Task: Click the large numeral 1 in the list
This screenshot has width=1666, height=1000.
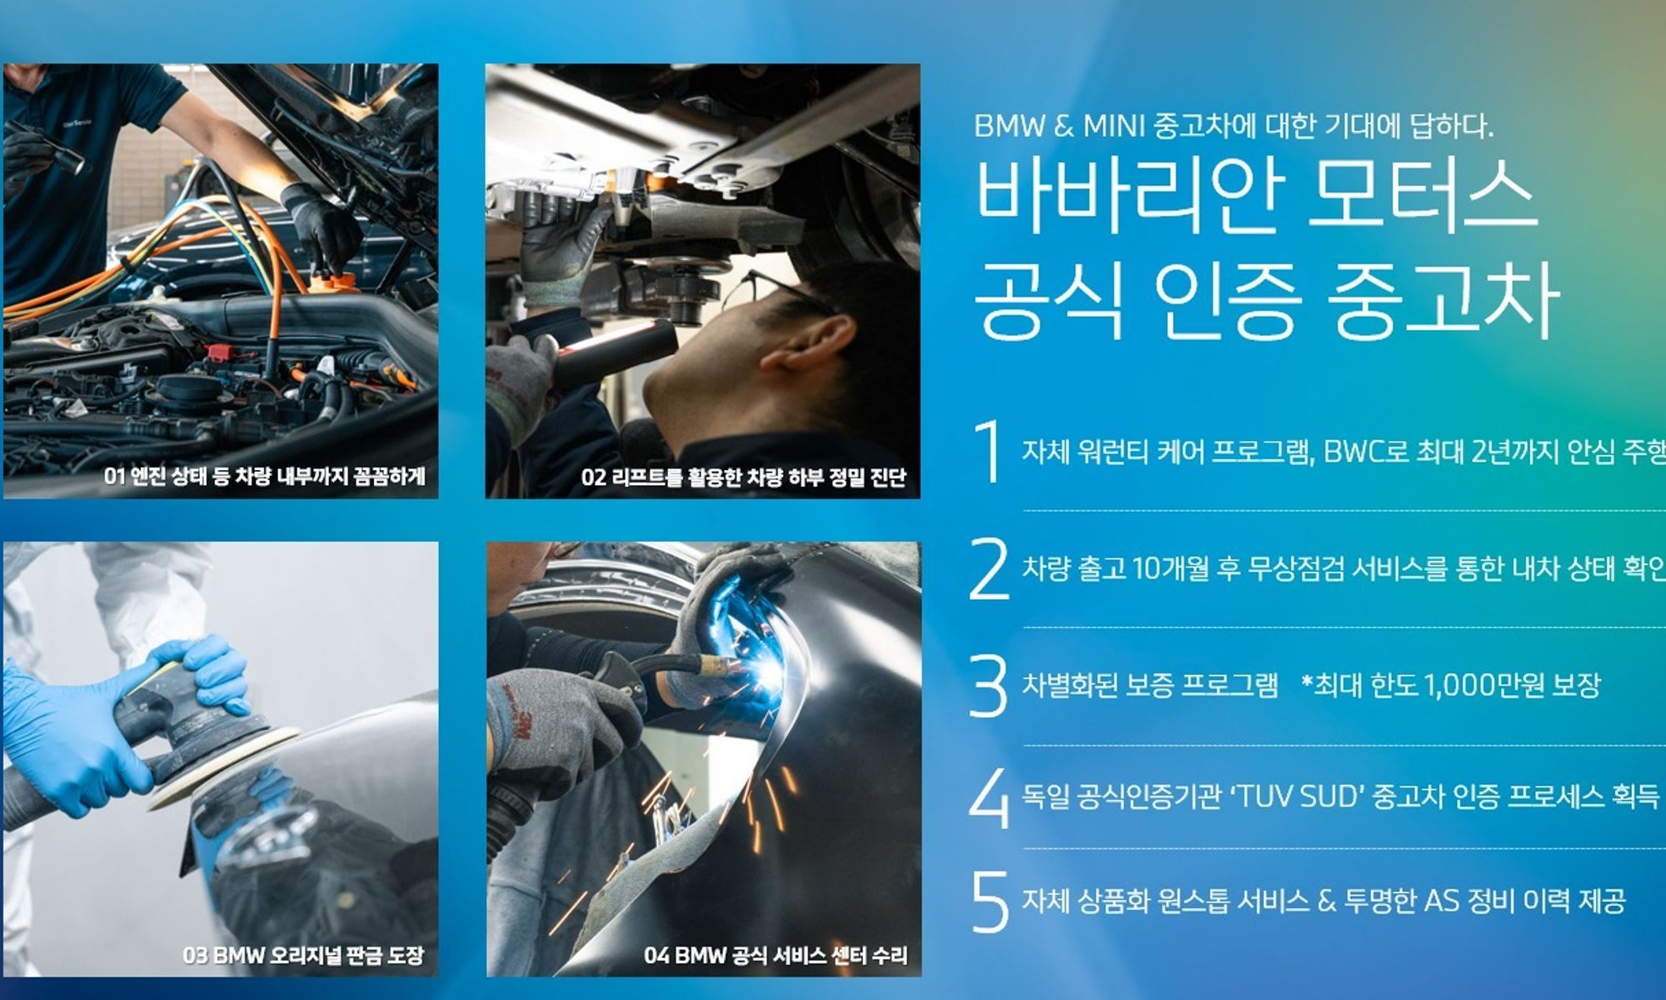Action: [x=989, y=451]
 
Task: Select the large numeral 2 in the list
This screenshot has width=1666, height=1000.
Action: [x=989, y=568]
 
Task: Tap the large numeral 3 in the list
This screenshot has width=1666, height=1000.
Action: [x=989, y=685]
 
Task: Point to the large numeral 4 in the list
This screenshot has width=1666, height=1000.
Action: [x=989, y=797]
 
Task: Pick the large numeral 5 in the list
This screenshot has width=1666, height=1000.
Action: [x=990, y=901]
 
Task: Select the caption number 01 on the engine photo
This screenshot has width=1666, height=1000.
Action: [x=114, y=477]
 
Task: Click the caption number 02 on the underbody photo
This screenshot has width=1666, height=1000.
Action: [x=593, y=477]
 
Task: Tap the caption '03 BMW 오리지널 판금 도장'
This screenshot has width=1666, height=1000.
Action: [x=303, y=955]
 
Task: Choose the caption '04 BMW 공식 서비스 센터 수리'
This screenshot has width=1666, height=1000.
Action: [x=776, y=955]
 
